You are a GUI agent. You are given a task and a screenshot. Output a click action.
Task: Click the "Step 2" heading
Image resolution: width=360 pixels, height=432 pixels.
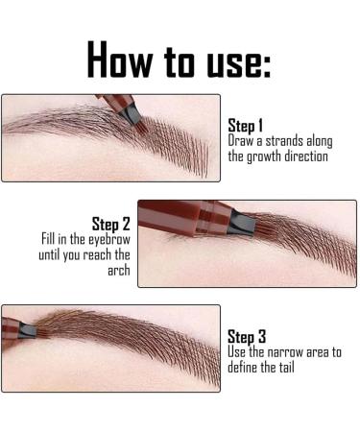(x=109, y=226)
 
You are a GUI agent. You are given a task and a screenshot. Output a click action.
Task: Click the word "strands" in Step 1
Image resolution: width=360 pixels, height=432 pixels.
(x=279, y=140)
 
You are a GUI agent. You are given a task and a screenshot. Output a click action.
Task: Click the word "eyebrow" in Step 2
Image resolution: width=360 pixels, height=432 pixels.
(x=108, y=241)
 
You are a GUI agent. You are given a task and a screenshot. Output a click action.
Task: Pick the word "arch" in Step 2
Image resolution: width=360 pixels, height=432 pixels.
(x=117, y=272)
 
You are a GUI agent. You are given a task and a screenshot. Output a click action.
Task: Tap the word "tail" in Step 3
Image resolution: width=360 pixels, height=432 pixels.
(x=287, y=366)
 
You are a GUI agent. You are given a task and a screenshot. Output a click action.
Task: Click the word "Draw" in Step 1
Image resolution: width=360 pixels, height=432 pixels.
(x=240, y=140)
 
